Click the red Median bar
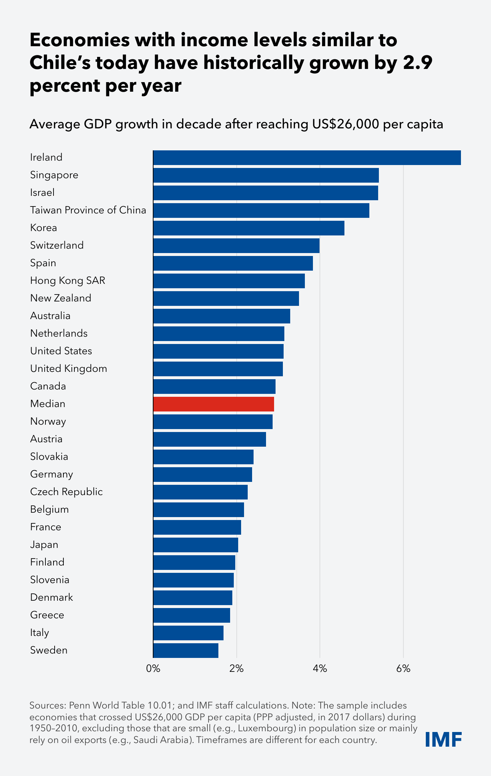coord(214,404)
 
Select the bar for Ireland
coord(307,158)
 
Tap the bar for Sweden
coord(186,650)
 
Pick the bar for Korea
coord(249,228)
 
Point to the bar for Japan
coord(196,545)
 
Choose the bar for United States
coord(218,351)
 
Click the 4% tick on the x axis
coord(320,669)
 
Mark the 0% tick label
coord(153,669)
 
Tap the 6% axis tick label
coord(403,669)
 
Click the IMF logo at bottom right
coord(443,739)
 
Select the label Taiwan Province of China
coord(88,210)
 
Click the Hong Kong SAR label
coord(67,281)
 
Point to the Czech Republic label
coord(66,492)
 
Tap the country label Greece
coord(47,615)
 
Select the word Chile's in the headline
coord(60,63)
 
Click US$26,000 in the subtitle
coord(346,124)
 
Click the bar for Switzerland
coord(236,245)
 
